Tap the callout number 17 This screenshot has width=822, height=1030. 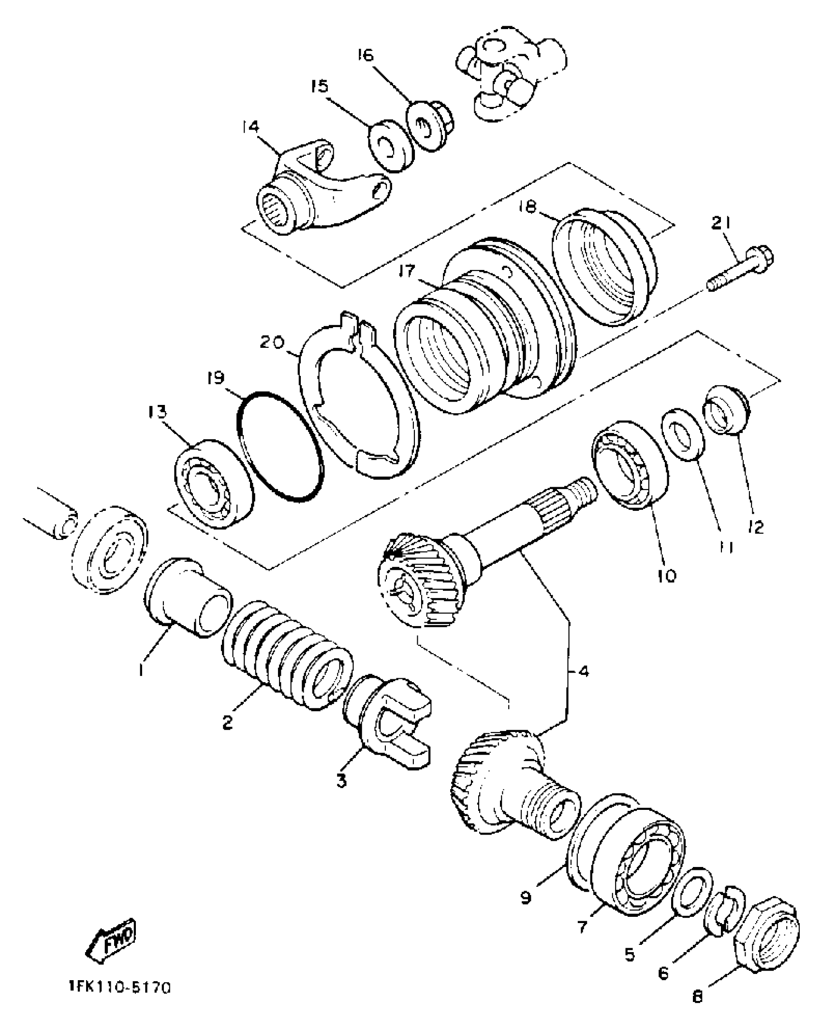point(407,271)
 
